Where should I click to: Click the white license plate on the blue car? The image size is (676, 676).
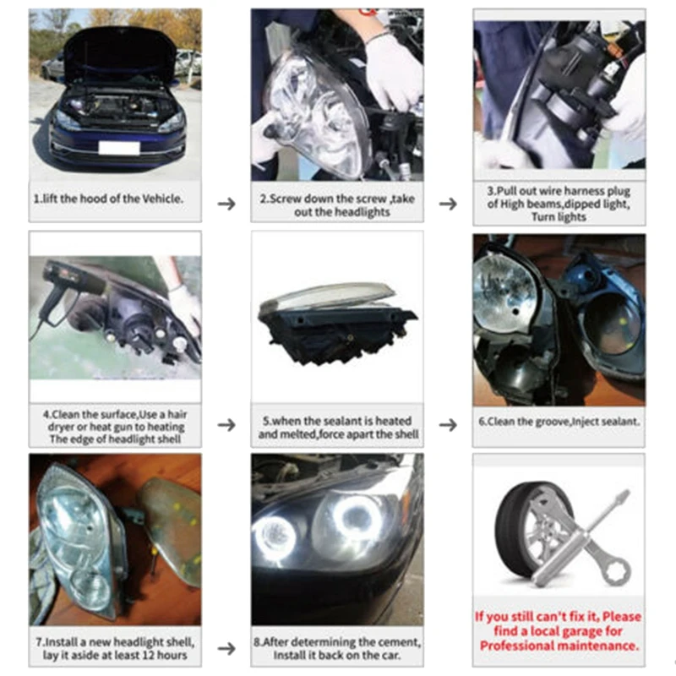point(119,147)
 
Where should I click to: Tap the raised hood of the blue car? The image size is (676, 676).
point(120,51)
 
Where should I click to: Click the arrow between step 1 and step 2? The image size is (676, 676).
point(226,204)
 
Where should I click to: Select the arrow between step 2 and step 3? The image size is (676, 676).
point(448,204)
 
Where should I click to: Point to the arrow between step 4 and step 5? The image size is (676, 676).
point(226,425)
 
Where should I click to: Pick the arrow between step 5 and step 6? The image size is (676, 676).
point(448,425)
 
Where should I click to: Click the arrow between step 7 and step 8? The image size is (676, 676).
point(226,648)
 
